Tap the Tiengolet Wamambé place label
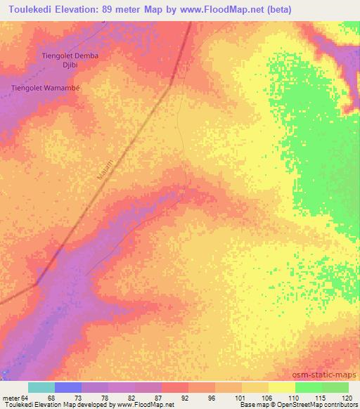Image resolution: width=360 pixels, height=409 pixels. (x=46, y=89)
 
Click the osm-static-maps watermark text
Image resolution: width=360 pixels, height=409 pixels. (x=326, y=375)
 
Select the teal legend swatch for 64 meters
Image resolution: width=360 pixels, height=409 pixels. (x=41, y=388)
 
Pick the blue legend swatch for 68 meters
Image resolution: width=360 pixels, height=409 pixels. (x=68, y=388)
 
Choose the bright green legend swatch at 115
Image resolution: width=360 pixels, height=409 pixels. (x=308, y=388)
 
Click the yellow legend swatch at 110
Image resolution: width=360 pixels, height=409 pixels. (x=282, y=388)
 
